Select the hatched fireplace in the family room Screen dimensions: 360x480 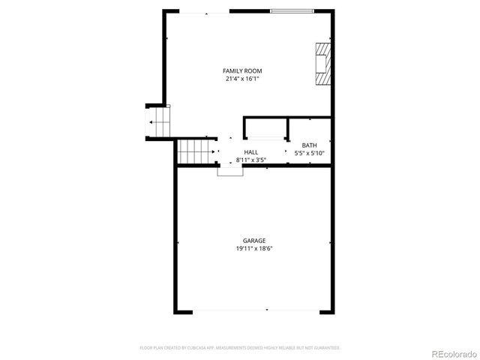(x=322, y=64)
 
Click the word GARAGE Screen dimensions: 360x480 (x=253, y=241)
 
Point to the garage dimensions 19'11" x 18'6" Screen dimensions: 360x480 (x=253, y=248)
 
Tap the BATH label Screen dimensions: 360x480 (x=309, y=145)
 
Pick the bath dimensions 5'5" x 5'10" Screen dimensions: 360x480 (x=309, y=153)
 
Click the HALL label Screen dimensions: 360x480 (x=250, y=152)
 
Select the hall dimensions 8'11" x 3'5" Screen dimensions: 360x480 (x=250, y=159)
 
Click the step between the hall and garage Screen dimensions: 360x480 (x=230, y=170)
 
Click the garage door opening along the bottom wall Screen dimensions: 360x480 (x=253, y=311)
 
